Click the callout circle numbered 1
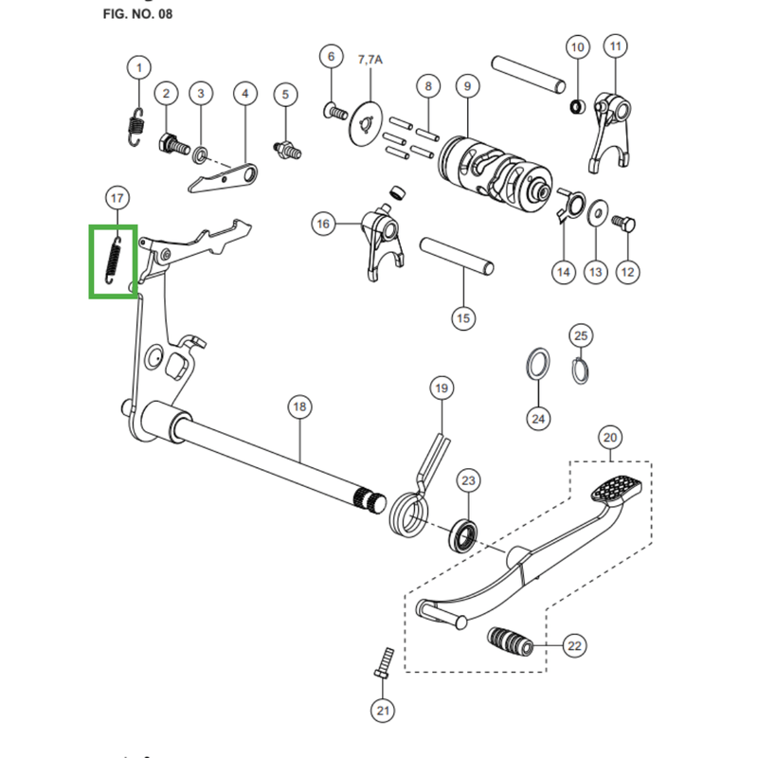click(139, 68)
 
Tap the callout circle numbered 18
click(298, 407)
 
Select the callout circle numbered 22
click(574, 646)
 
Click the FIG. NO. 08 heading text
click(137, 15)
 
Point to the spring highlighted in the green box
click(113, 260)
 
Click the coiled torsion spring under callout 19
click(411, 512)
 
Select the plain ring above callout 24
click(537, 364)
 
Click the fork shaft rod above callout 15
click(457, 255)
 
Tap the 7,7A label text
click(370, 60)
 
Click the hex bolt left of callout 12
click(623, 224)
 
